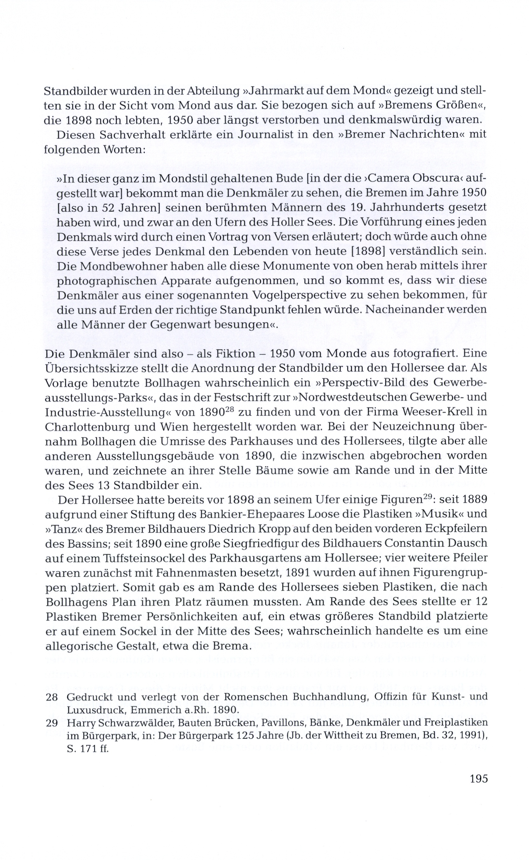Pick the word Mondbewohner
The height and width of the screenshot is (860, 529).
119,266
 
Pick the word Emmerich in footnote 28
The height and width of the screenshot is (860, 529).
148,710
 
